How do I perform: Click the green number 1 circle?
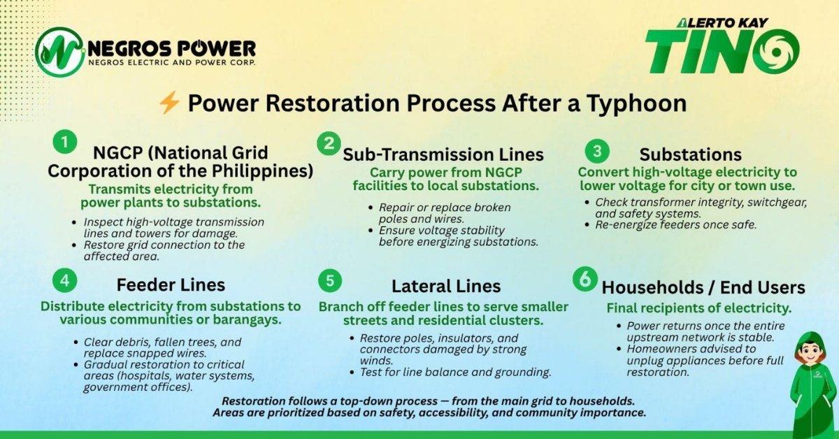[x=64, y=143]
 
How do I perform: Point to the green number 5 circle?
[x=329, y=281]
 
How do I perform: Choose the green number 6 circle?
[x=583, y=280]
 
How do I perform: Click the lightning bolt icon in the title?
[x=169, y=103]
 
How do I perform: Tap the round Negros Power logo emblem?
[x=60, y=52]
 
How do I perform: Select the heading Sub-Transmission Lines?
[x=443, y=154]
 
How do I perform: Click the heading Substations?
[x=691, y=154]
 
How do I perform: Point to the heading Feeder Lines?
[x=171, y=285]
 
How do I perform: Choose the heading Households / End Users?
[x=703, y=287]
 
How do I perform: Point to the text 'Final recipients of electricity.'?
[x=698, y=308]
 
